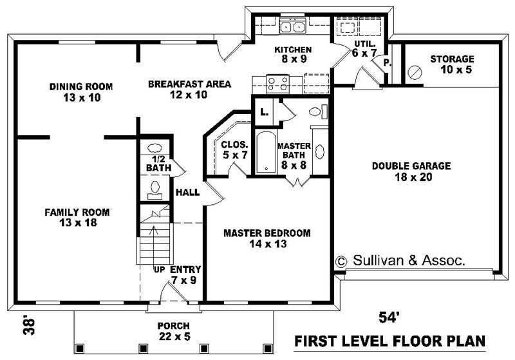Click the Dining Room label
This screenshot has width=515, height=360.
[x=81, y=92]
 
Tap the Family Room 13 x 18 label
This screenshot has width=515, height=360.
[x=77, y=217]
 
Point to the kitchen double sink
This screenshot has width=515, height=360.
[x=292, y=27]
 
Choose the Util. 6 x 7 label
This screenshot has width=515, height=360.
[x=364, y=48]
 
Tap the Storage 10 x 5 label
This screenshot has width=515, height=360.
[x=452, y=64]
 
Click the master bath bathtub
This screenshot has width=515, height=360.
[x=265, y=153]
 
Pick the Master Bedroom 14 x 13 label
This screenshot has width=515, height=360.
[x=267, y=238]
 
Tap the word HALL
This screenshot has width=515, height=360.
[x=188, y=192]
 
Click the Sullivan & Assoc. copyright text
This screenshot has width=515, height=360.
[x=400, y=260]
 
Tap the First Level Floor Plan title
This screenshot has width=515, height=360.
[x=389, y=340]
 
